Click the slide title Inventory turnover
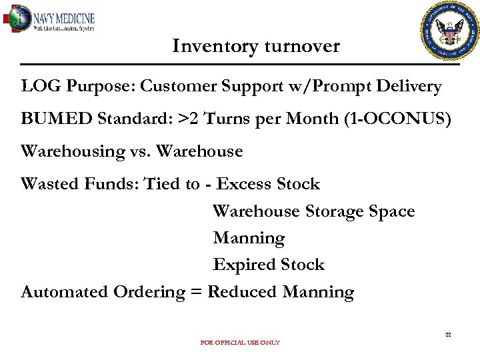pyautogui.click(x=256, y=46)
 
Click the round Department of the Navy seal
pyautogui.click(x=450, y=31)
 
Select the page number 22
pyautogui.click(x=448, y=335)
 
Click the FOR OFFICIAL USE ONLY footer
pyautogui.click(x=240, y=343)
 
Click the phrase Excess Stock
pyautogui.click(x=268, y=184)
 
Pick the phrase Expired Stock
pyautogui.click(x=268, y=265)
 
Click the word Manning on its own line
pyautogui.click(x=248, y=238)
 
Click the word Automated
pyautogui.click(x=65, y=292)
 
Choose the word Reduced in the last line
pyautogui.click(x=243, y=292)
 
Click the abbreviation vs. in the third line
pyautogui.click(x=141, y=152)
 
